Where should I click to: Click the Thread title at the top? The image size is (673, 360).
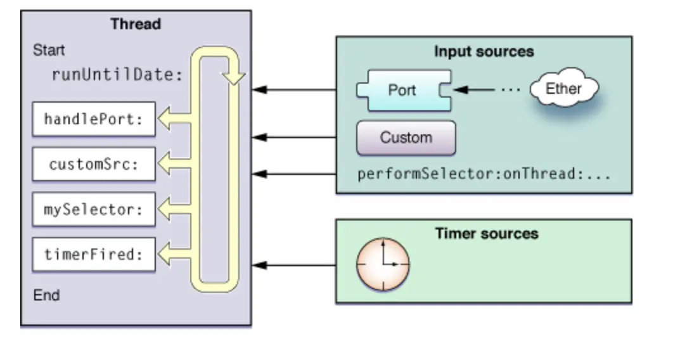click(136, 24)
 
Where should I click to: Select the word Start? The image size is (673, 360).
click(49, 50)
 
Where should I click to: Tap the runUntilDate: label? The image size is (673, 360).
click(118, 75)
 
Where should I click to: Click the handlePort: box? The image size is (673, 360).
click(94, 119)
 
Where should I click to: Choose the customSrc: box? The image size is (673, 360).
click(94, 164)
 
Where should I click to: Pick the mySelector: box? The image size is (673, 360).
click(94, 209)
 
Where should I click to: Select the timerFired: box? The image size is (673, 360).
click(94, 254)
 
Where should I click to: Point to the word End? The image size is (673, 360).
click(46, 295)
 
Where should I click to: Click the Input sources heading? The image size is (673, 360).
click(484, 51)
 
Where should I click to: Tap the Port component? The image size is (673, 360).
click(404, 90)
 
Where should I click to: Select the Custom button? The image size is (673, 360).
click(406, 138)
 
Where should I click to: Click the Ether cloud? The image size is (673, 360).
click(564, 88)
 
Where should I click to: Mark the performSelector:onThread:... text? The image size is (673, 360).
click(484, 174)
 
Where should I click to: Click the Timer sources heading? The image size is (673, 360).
click(487, 233)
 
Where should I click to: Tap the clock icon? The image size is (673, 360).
click(383, 264)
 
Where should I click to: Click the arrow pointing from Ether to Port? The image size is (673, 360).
click(474, 89)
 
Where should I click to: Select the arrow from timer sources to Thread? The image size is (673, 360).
click(294, 265)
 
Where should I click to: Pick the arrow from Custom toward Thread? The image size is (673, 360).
click(294, 138)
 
